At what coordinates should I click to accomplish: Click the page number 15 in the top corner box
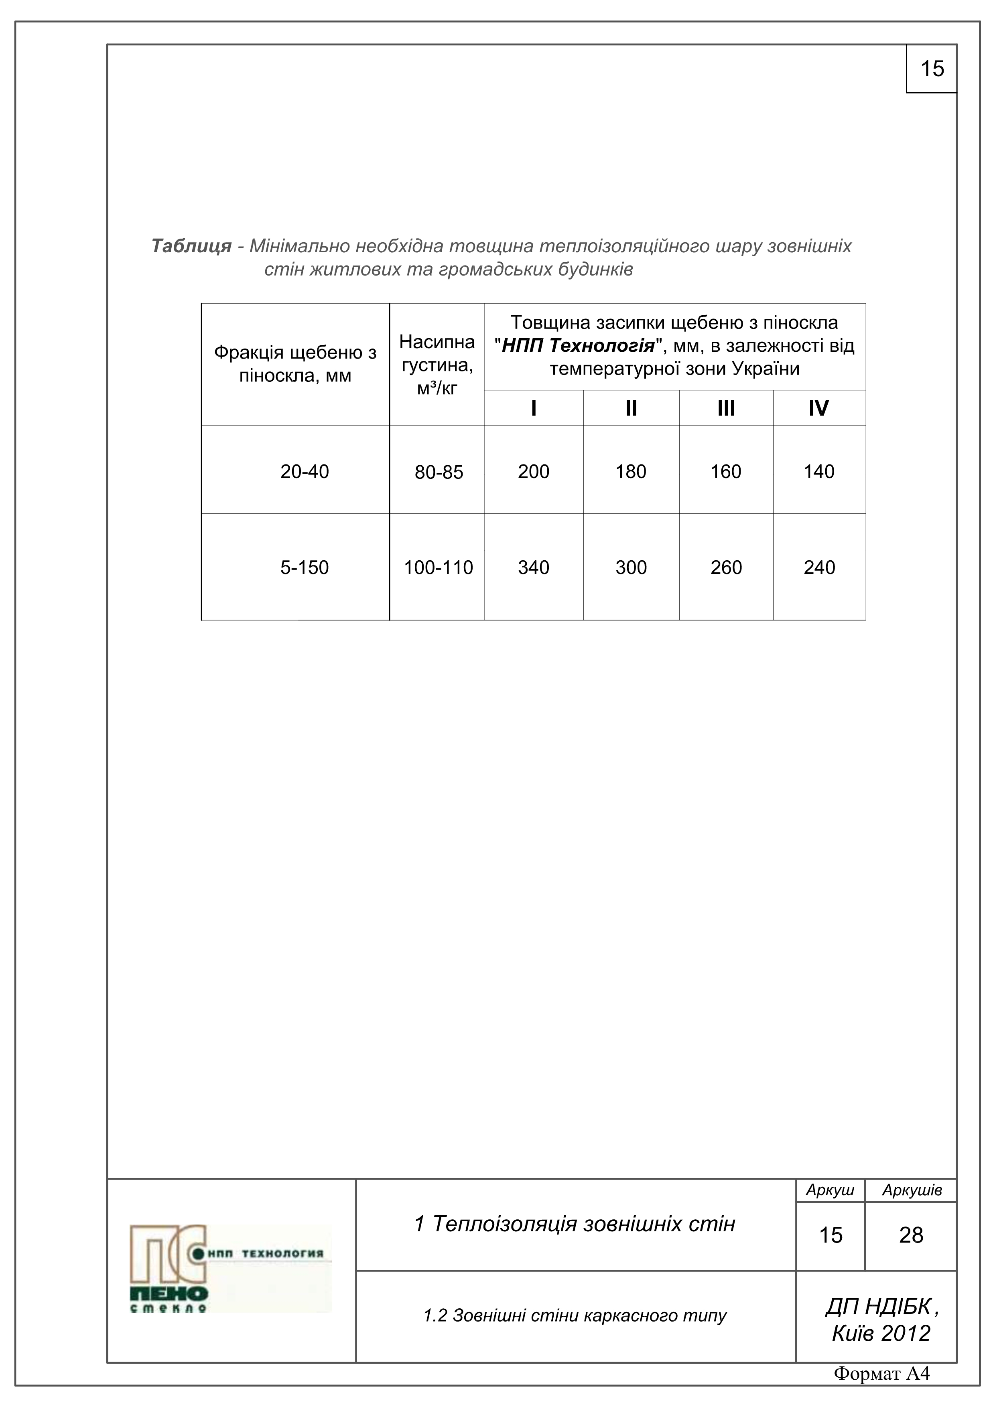(932, 69)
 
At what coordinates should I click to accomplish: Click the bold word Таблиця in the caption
(191, 246)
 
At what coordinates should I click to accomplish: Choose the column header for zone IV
(818, 408)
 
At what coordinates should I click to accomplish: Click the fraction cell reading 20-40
(304, 471)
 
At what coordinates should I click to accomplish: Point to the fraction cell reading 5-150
(304, 568)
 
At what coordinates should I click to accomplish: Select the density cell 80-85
(439, 472)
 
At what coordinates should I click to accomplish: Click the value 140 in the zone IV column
(819, 471)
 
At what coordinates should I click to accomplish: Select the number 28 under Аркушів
(911, 1235)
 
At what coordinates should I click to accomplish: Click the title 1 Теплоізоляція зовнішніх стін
(575, 1224)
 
